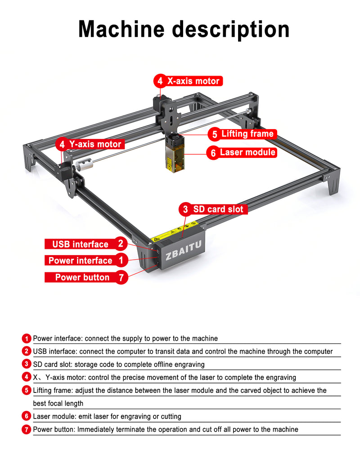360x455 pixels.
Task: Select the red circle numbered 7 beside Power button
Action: click(121, 277)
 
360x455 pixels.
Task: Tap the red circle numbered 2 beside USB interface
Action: click(121, 244)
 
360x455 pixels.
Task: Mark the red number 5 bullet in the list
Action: click(27, 390)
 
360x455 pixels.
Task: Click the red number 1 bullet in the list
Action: click(27, 338)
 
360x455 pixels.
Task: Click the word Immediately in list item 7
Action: click(95, 429)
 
